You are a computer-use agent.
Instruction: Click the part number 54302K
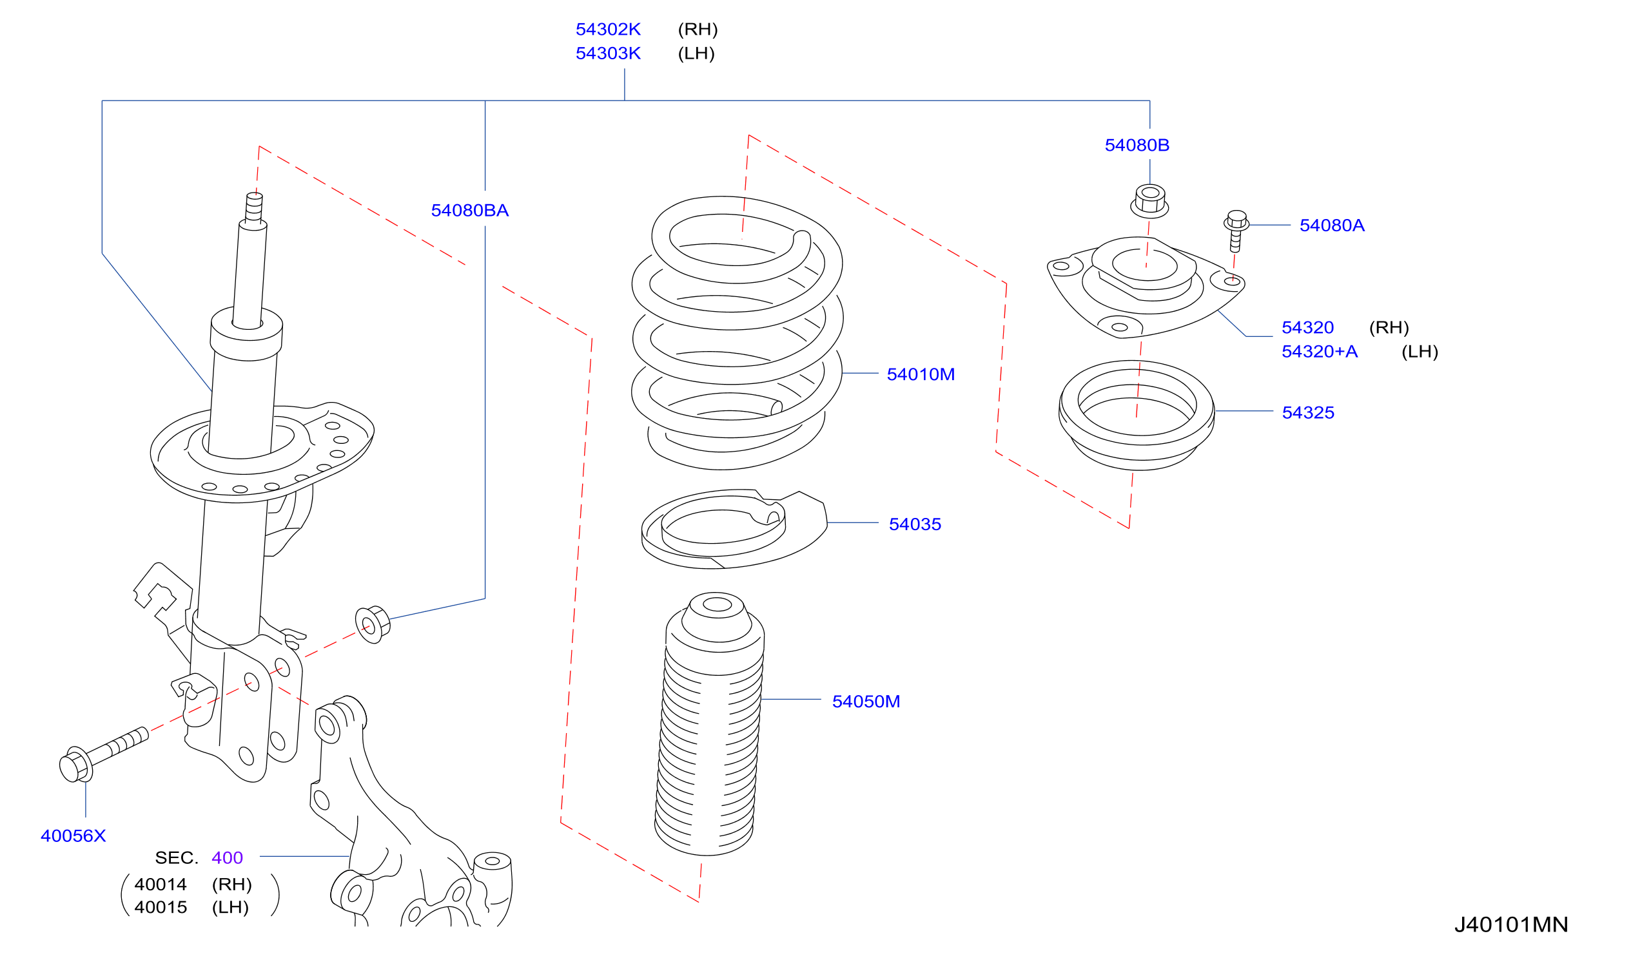click(x=608, y=29)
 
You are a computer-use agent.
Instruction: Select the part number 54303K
click(x=608, y=53)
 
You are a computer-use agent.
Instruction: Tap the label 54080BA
click(x=470, y=210)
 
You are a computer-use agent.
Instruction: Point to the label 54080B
click(x=1137, y=145)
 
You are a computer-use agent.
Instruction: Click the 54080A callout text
click(x=1332, y=225)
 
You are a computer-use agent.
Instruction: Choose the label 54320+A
click(x=1320, y=351)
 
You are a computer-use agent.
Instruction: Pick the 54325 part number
click(x=1308, y=412)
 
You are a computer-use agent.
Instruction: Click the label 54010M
click(x=921, y=374)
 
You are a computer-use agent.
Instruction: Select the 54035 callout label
click(x=915, y=524)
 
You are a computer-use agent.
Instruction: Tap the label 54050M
click(x=866, y=701)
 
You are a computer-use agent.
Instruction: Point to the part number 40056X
click(x=73, y=836)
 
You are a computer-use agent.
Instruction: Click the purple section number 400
click(x=227, y=857)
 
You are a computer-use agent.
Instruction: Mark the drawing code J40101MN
click(x=1510, y=924)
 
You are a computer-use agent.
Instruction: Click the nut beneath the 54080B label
click(x=1149, y=201)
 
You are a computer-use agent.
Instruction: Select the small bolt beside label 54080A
click(x=1236, y=231)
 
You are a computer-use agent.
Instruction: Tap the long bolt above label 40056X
click(x=104, y=754)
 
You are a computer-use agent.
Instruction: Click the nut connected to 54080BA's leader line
click(x=373, y=625)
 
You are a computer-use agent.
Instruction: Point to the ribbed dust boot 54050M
click(x=709, y=724)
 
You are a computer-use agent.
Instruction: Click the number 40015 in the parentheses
click(x=161, y=908)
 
